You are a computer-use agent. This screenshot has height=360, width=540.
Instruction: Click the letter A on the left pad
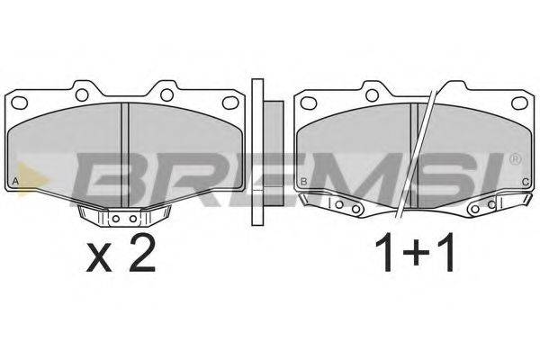tap(15, 181)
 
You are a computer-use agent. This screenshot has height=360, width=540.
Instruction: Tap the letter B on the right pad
tap(304, 182)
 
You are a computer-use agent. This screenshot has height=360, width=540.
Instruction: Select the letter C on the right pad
tap(526, 182)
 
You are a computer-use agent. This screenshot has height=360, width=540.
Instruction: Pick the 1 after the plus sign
tap(445, 253)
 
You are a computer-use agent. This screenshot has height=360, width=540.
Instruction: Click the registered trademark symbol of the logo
tap(516, 158)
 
